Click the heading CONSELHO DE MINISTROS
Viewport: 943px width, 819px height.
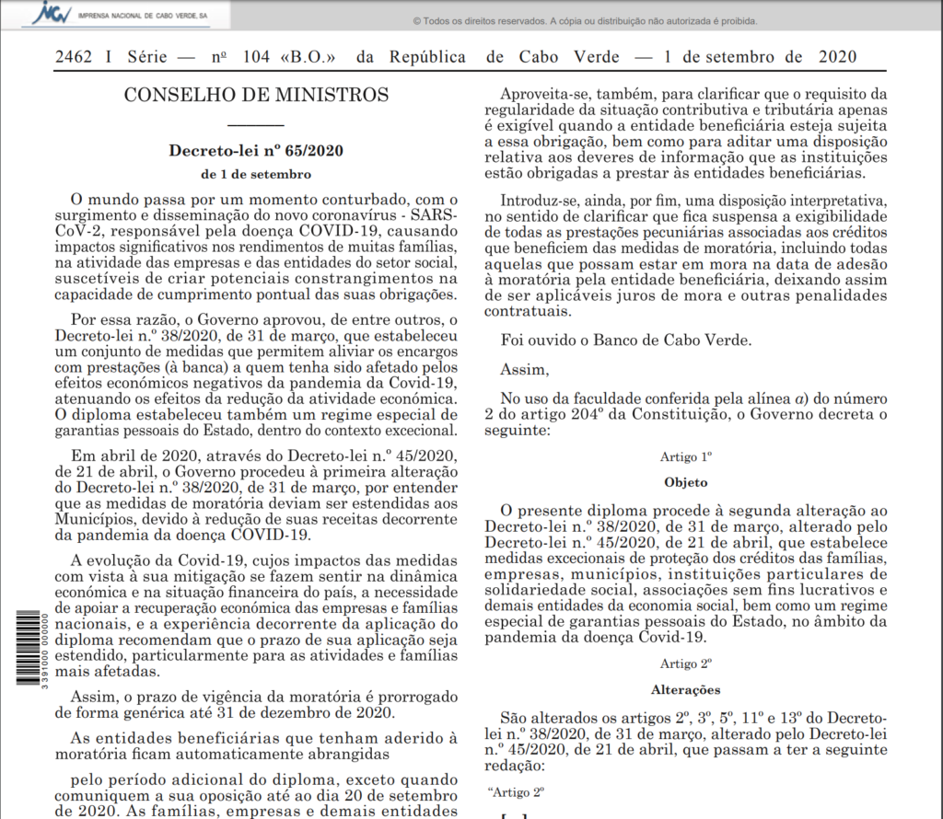(256, 94)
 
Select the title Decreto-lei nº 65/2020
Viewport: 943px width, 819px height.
(256, 151)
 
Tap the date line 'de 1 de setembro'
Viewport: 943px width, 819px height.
(256, 174)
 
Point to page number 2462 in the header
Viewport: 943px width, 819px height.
(73, 57)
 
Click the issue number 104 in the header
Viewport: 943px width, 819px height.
(257, 57)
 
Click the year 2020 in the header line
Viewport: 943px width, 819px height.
(837, 57)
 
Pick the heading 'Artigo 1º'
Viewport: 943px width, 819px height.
(686, 456)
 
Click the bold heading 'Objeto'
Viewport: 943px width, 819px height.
(686, 481)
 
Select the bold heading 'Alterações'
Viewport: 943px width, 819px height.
(686, 689)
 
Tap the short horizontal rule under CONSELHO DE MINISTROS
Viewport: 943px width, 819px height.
(256, 123)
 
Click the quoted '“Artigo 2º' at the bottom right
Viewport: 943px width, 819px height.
(516, 791)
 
